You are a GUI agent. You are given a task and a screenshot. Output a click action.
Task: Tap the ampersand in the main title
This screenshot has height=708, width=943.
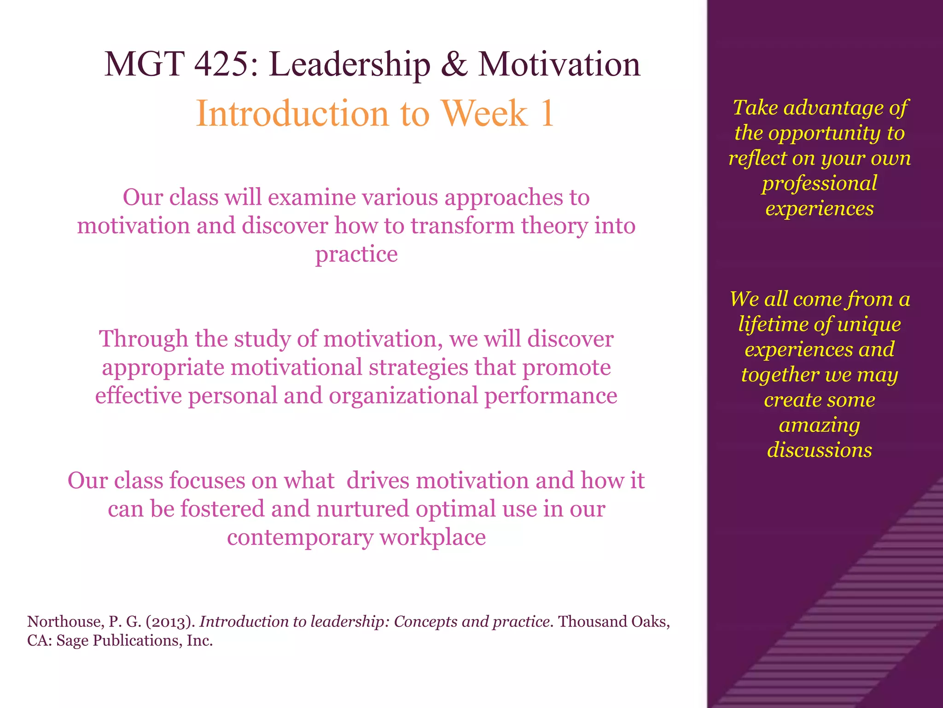[454, 64]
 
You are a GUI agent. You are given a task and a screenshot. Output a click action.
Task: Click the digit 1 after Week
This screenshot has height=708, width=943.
[547, 114]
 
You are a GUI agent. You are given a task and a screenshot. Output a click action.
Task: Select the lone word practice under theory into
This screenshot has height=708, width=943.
[356, 254]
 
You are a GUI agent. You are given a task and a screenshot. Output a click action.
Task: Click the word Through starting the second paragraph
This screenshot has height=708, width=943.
[143, 339]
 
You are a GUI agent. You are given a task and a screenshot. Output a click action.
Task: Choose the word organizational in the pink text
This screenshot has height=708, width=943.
[403, 396]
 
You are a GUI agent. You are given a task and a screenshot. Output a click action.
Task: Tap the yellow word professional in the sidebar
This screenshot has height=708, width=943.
[819, 183]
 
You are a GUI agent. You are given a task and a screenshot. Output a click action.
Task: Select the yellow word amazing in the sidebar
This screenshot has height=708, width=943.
[819, 425]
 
